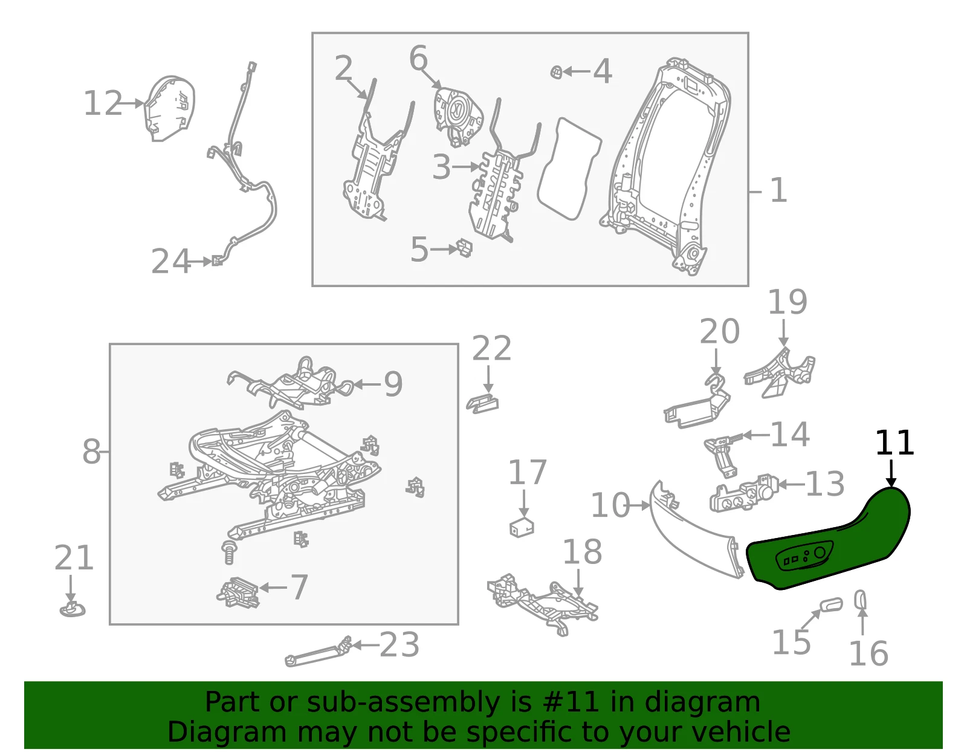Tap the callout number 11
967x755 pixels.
pos(894,443)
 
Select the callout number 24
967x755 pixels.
pos(171,261)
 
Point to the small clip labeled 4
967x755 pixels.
pos(556,71)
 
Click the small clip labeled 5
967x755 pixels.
pos(464,248)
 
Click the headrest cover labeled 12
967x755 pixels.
pos(170,108)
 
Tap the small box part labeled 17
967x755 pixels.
pos(522,527)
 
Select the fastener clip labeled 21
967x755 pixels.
pos(72,609)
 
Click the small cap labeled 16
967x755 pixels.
pos(860,600)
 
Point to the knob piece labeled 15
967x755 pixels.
pos(831,605)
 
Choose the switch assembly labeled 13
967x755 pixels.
pos(743,493)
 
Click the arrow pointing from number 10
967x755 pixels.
pos(640,505)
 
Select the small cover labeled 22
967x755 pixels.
pos(482,404)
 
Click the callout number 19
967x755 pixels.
pos(788,302)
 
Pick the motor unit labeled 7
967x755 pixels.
pos(238,592)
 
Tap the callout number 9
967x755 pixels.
pos(393,384)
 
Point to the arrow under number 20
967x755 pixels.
pos(716,362)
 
